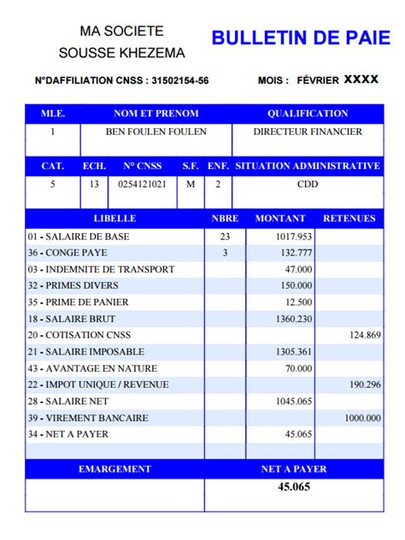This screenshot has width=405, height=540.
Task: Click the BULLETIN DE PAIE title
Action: [300, 38]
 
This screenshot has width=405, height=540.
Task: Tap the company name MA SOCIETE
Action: [121, 31]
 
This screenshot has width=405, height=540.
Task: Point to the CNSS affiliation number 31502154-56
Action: [179, 81]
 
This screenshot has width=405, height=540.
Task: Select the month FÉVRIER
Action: [318, 80]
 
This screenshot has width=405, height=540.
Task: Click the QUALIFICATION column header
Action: [308, 114]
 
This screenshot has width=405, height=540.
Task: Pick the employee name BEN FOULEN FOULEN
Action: [156, 132]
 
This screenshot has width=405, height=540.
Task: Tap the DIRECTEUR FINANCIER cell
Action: [308, 132]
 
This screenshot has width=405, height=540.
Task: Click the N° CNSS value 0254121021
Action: [142, 184]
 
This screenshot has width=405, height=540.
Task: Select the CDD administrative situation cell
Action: [308, 184]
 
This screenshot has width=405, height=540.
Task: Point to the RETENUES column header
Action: [349, 219]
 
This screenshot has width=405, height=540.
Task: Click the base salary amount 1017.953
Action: [294, 237]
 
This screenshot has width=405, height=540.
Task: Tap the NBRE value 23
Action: [225, 237]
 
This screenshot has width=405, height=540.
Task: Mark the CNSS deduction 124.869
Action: [365, 335]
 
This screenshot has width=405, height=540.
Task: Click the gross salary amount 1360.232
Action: [294, 319]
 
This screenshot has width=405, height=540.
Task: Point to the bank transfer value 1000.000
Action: [362, 418]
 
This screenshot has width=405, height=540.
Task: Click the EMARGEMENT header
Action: [114, 469]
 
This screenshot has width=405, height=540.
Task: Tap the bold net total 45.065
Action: [294, 487]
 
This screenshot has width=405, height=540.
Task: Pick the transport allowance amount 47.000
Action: [298, 269]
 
